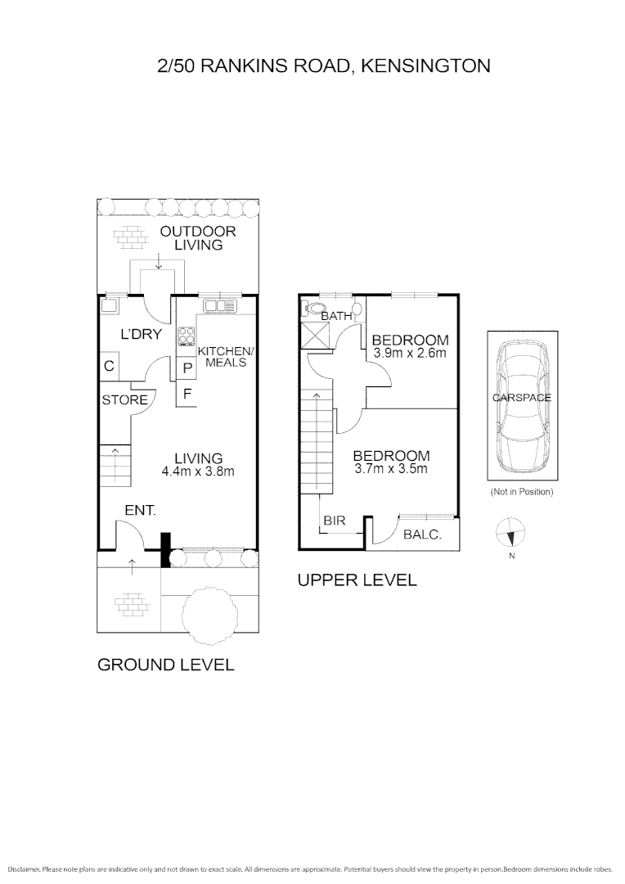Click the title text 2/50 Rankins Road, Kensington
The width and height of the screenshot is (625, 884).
coord(323,65)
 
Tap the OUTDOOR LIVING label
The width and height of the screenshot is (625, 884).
coord(197,238)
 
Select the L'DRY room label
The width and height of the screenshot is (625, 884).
coord(141,334)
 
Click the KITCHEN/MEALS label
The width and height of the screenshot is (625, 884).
coord(226,356)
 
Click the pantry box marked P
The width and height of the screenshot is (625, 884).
coord(187,369)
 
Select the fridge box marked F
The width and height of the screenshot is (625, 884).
coord(187,393)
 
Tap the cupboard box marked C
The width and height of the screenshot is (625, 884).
coord(109,366)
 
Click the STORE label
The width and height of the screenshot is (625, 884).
coord(124,400)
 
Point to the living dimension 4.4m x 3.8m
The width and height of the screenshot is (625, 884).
coord(198,471)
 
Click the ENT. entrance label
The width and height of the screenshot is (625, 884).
coord(140,511)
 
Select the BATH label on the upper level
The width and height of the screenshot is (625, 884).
coord(335,316)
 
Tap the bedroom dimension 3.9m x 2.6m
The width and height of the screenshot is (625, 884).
coord(410,354)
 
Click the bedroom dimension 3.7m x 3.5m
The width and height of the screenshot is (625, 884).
coord(391,469)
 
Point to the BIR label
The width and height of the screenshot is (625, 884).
coord(334,520)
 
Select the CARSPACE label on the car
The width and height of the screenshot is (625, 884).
coord(521,398)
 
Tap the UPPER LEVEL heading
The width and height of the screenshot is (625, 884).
coord(357,580)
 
